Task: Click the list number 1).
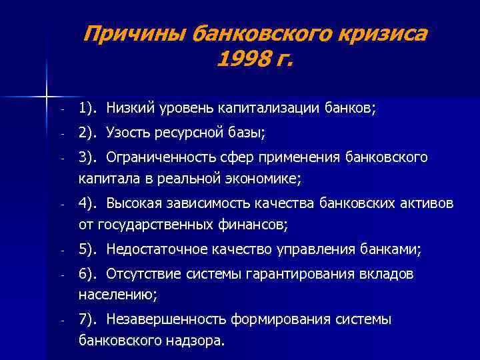point(88,107)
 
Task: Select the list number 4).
point(88,203)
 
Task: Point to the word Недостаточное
point(153,250)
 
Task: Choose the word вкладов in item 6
point(389,274)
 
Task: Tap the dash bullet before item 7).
point(61,321)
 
